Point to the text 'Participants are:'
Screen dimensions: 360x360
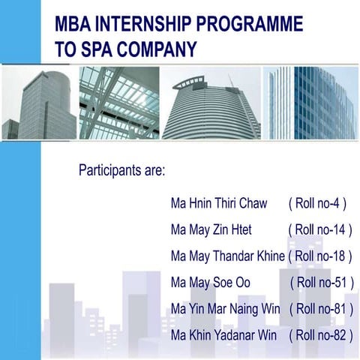(121, 170)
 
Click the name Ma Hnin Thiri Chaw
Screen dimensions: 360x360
(218, 204)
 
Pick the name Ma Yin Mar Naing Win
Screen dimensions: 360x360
(225, 307)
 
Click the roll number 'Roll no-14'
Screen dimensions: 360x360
(319, 229)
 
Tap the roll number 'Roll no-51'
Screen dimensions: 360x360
(321, 282)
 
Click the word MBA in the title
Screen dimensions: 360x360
(73, 25)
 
